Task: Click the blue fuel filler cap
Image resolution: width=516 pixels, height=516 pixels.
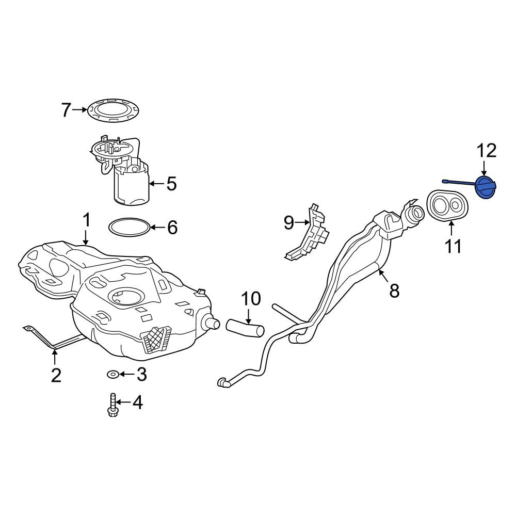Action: pyautogui.click(x=487, y=188)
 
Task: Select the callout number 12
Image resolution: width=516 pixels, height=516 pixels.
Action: pyautogui.click(x=487, y=151)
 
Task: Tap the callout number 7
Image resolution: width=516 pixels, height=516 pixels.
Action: pyautogui.click(x=66, y=110)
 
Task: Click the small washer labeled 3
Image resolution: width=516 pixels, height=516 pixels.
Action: pyautogui.click(x=113, y=374)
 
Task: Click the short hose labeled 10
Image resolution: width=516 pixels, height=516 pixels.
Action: pyautogui.click(x=245, y=327)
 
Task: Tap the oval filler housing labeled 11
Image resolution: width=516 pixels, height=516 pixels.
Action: pyautogui.click(x=447, y=206)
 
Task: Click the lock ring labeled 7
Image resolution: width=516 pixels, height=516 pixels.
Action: pyautogui.click(x=113, y=110)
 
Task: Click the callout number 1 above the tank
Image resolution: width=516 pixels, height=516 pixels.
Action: pyautogui.click(x=86, y=220)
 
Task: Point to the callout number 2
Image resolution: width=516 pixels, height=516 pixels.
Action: pyautogui.click(x=56, y=375)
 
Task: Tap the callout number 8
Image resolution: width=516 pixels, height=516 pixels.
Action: pyautogui.click(x=394, y=291)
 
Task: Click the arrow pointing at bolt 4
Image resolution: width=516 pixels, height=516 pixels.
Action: pyautogui.click(x=124, y=402)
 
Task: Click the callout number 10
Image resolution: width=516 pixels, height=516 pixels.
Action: pyautogui.click(x=251, y=298)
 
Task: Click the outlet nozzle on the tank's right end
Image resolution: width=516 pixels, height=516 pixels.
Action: pyautogui.click(x=211, y=323)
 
